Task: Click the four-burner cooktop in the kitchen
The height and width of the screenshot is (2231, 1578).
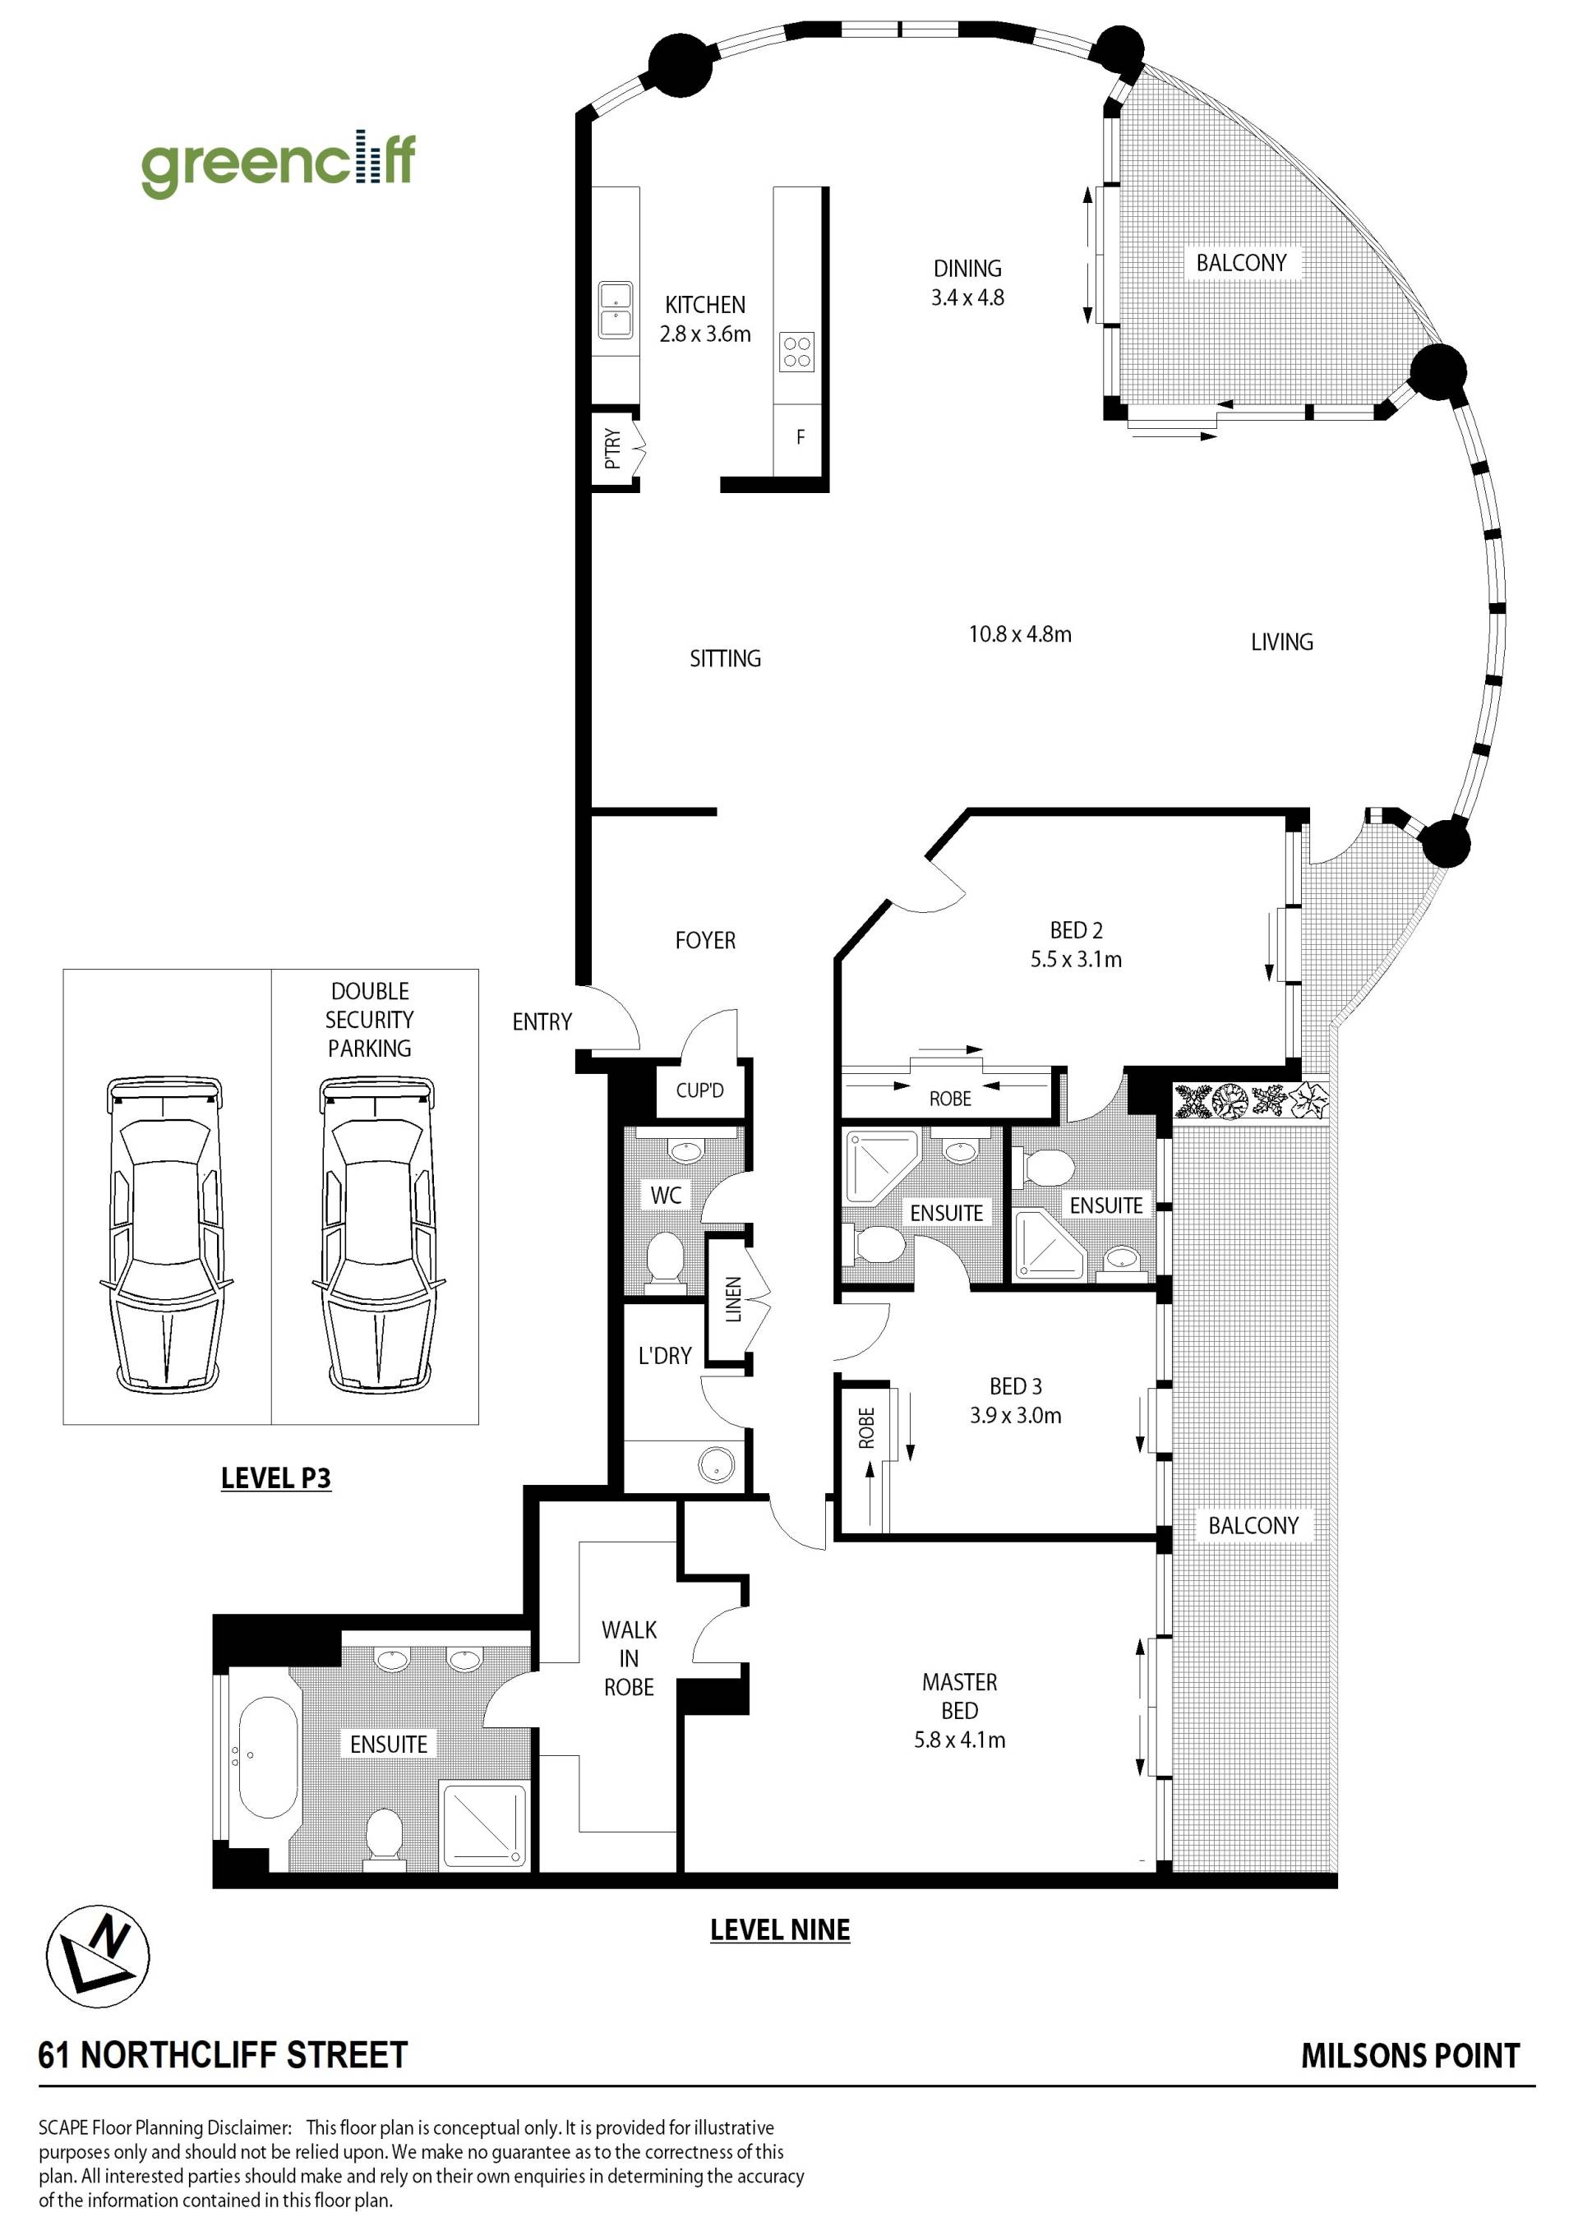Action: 796,352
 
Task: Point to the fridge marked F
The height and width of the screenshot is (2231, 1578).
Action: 801,437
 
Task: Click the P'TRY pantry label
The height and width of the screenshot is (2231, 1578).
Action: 612,449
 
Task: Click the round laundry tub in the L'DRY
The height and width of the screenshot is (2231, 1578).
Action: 716,1465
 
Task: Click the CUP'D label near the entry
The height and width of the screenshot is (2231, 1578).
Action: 699,1090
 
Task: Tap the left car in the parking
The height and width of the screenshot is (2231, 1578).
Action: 164,1233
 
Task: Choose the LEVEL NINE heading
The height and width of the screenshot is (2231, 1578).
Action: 780,1929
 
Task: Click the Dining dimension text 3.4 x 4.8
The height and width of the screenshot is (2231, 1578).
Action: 968,298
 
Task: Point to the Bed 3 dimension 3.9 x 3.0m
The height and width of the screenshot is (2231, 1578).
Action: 1015,1415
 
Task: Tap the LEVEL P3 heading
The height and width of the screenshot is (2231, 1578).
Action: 276,1478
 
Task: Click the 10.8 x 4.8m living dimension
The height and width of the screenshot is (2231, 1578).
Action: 1020,634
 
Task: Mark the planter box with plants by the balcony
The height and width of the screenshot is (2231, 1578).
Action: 1251,1101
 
